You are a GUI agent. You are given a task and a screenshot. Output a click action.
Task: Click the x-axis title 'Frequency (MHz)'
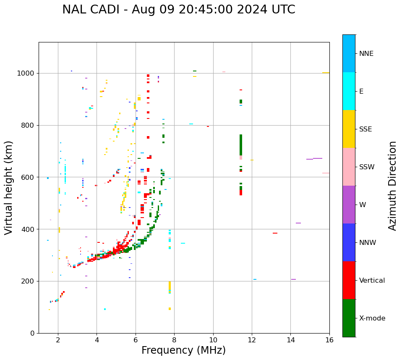pyautogui.click(x=183, y=350)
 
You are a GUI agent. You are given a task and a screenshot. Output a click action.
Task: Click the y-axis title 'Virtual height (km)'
pyautogui.click(x=9, y=187)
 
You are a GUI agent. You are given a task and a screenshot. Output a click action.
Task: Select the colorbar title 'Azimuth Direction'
pyautogui.click(x=392, y=186)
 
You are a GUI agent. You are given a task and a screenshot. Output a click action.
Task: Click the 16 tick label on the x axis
pyautogui.click(x=329, y=340)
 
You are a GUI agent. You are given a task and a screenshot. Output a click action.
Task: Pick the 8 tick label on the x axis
pyautogui.click(x=174, y=340)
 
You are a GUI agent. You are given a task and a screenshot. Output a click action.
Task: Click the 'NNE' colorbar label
pyautogui.click(x=366, y=54)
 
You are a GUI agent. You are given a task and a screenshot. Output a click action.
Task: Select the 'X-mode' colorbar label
pyautogui.click(x=372, y=318)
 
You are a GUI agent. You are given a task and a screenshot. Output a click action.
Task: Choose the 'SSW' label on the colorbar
pyautogui.click(x=367, y=167)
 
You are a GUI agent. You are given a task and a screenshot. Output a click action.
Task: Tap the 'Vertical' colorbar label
pyautogui.click(x=372, y=281)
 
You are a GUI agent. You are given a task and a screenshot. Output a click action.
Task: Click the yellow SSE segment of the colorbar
pyautogui.click(x=349, y=129)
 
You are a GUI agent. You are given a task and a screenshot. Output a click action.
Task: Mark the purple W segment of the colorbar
pyautogui.click(x=349, y=205)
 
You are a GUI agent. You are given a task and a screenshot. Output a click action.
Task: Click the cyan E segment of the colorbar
pyautogui.click(x=349, y=91)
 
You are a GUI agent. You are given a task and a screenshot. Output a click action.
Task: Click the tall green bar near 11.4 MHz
pyautogui.click(x=241, y=145)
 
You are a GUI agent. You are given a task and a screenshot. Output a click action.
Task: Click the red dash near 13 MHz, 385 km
pyautogui.click(x=275, y=233)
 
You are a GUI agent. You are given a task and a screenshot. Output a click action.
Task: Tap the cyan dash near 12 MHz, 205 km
pyautogui.click(x=255, y=279)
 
